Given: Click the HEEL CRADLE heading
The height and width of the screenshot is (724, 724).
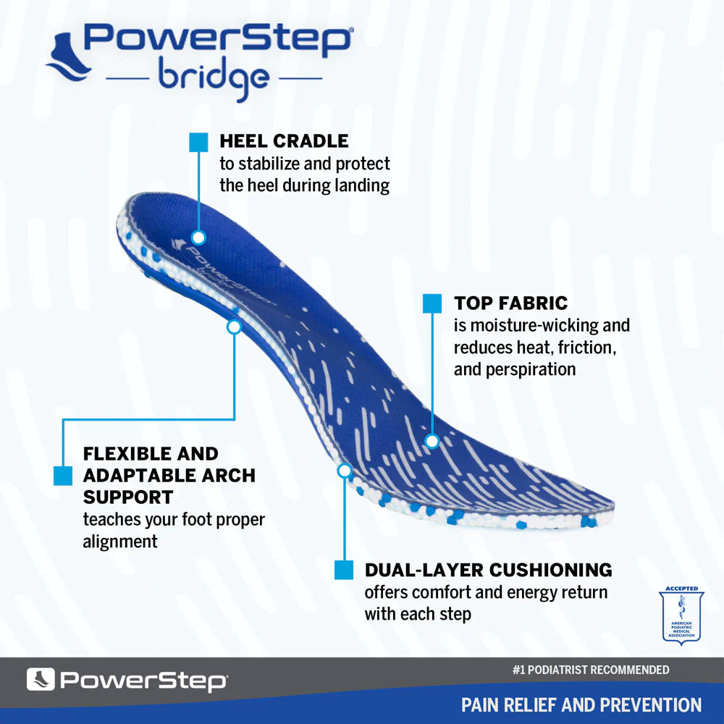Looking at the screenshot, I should (284, 140).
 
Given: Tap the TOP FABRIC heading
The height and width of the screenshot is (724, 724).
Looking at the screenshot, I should (511, 303).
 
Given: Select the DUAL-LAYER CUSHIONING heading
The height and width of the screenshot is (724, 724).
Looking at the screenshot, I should (488, 570).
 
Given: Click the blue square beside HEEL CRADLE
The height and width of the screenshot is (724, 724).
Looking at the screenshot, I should (198, 142).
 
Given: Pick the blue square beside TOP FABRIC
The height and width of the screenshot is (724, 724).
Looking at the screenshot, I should (432, 303).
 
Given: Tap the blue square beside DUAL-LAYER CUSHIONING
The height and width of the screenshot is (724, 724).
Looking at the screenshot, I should (344, 570).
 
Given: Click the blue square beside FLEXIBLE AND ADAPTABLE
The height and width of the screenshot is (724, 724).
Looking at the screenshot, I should (63, 476).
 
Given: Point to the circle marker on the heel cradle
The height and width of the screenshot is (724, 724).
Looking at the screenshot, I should (198, 237).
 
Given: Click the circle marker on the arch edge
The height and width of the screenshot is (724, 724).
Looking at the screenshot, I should (234, 327).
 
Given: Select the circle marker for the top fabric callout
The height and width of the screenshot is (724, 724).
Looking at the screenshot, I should (432, 440).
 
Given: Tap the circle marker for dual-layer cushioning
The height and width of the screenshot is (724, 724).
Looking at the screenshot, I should (345, 471).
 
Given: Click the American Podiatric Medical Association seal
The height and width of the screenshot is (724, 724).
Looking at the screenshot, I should (681, 615).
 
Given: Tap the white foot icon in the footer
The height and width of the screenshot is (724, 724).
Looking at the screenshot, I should (41, 680).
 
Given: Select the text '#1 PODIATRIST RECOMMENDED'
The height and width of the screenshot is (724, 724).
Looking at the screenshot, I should (590, 670).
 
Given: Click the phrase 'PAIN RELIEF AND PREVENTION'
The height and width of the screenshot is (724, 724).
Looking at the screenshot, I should (581, 704).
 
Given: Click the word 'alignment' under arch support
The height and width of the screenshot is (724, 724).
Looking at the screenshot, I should (120, 541).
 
